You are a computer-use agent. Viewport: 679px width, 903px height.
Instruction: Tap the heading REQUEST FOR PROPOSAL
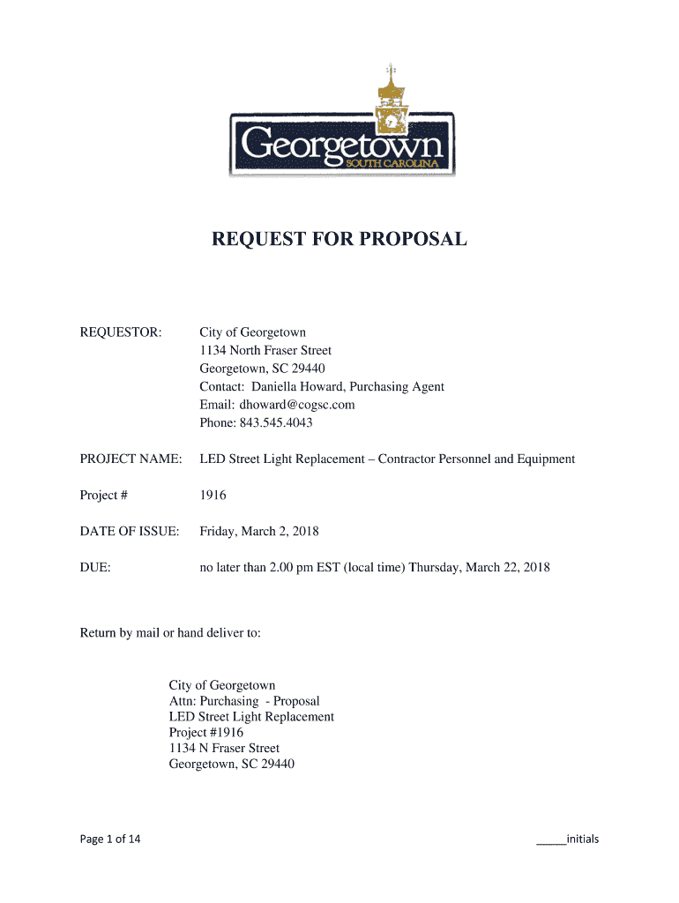(339, 239)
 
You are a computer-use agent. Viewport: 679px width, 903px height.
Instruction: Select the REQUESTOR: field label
(121, 332)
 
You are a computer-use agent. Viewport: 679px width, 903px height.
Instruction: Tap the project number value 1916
(213, 496)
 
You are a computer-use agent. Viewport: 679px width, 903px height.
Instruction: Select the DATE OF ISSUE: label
(130, 532)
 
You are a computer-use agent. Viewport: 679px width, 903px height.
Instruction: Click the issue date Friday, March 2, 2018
(259, 532)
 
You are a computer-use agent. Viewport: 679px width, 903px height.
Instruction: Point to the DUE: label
(95, 568)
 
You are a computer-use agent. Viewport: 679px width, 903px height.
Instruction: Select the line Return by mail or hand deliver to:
(170, 632)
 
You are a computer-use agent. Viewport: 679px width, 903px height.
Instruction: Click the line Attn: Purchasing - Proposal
(244, 701)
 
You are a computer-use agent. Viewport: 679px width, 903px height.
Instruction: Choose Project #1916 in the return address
(206, 733)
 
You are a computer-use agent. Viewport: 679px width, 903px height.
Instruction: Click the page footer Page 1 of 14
(110, 839)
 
